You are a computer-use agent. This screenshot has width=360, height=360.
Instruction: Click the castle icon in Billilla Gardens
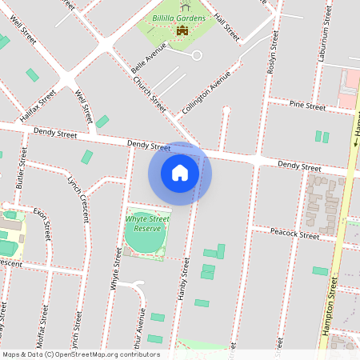click(x=182, y=31)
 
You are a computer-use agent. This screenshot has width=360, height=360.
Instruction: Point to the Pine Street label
click(x=307, y=106)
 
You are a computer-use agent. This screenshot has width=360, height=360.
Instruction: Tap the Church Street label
click(x=149, y=95)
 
